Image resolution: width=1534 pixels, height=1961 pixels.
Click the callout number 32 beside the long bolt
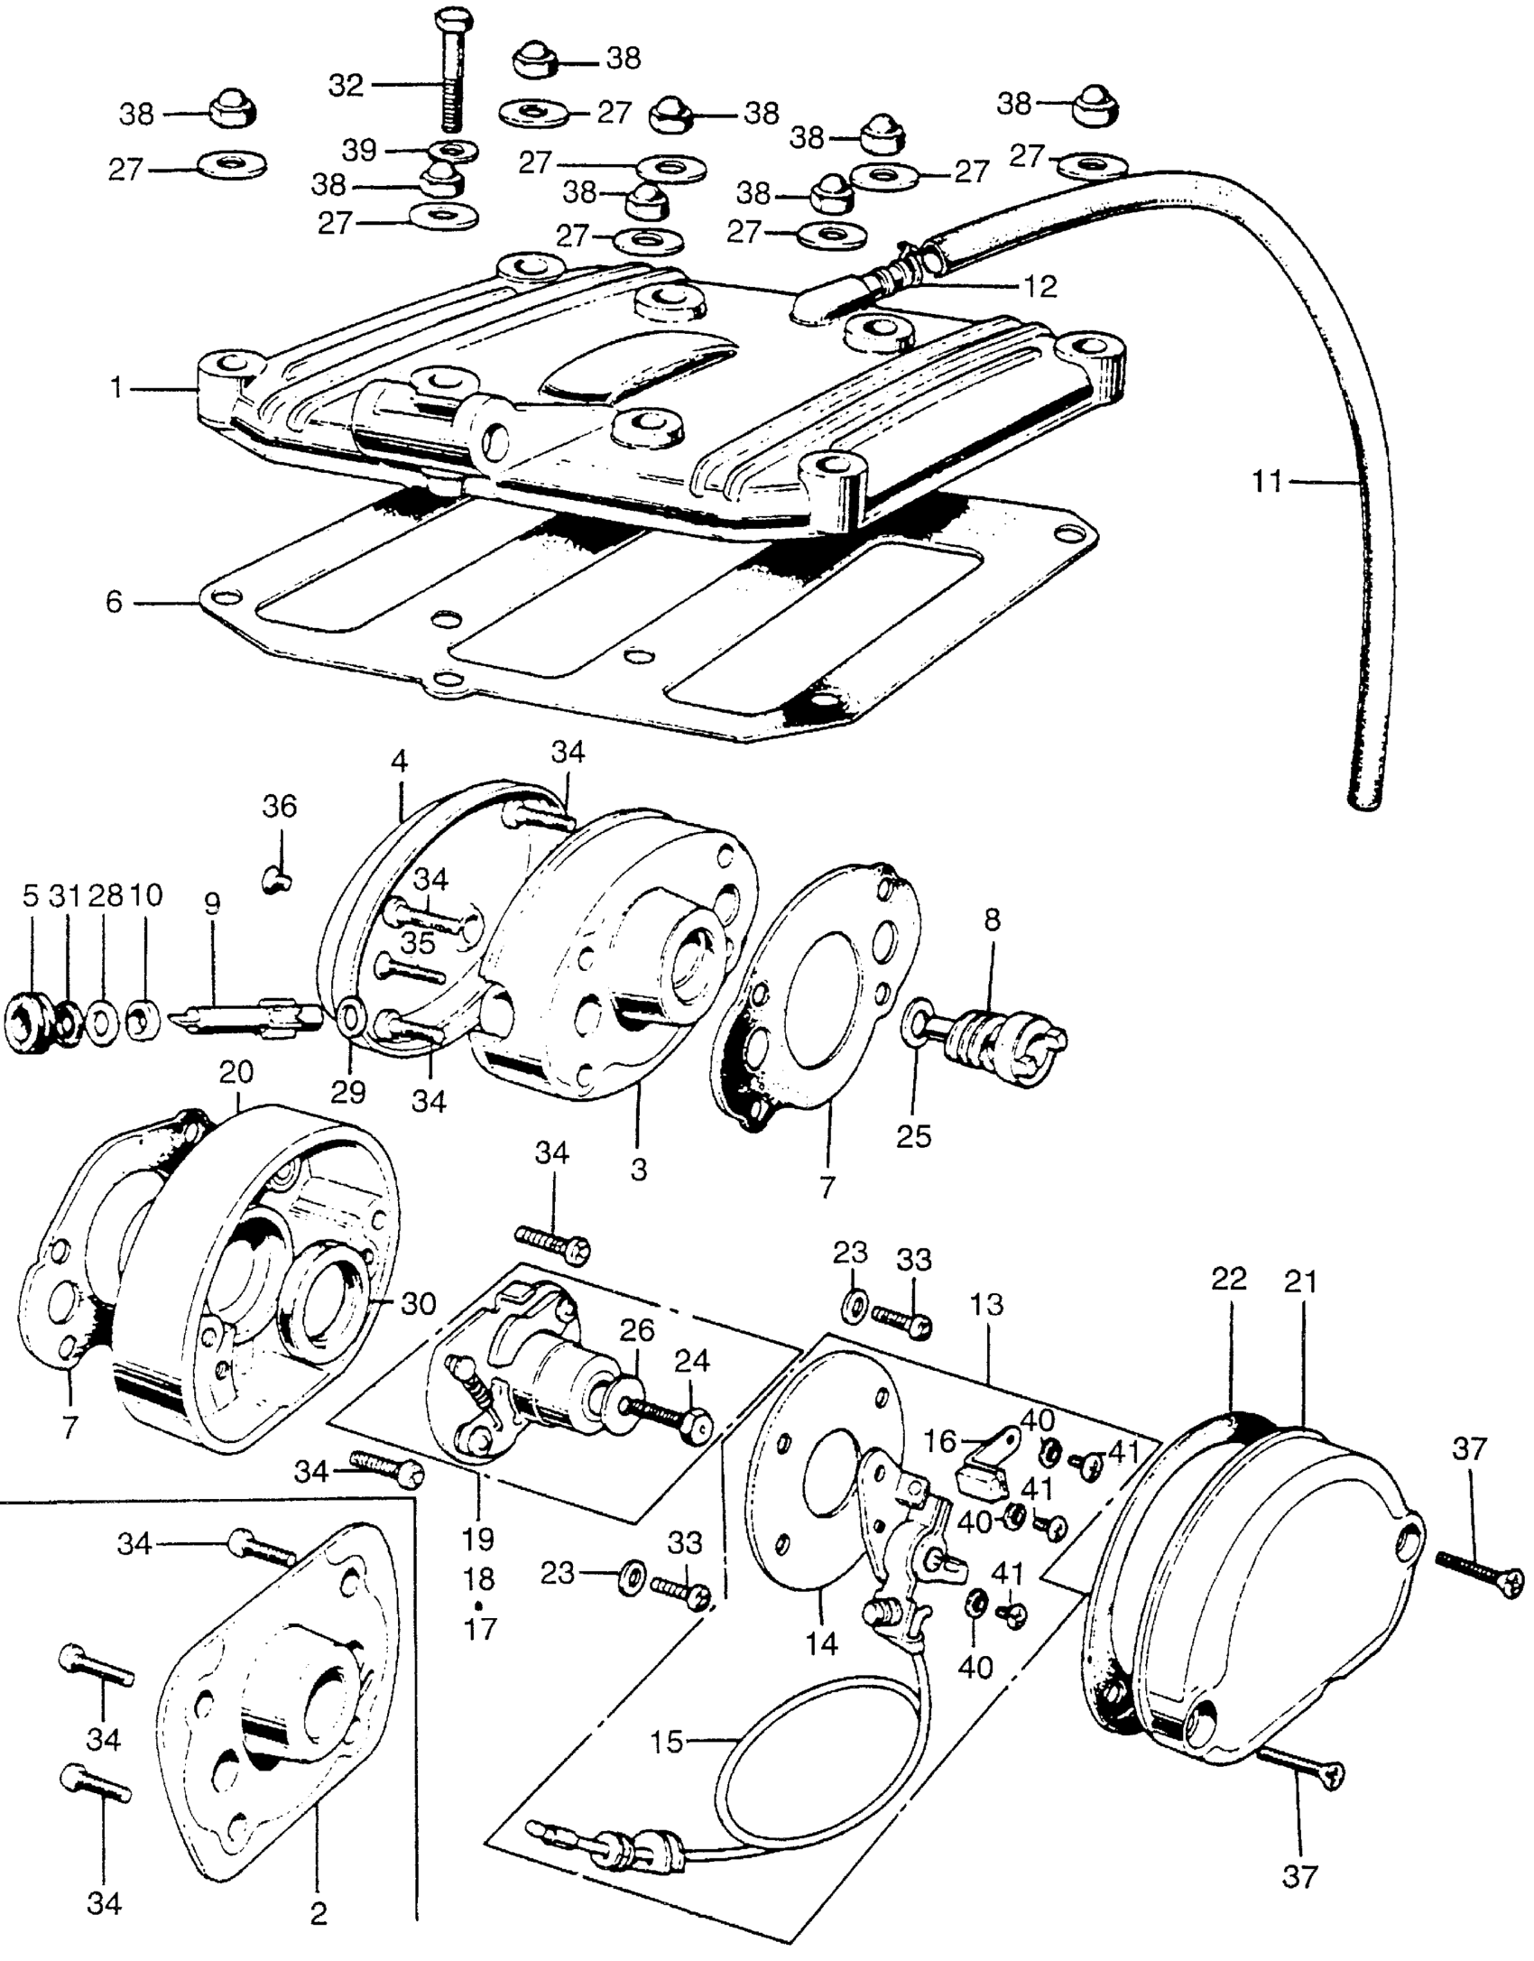[345, 86]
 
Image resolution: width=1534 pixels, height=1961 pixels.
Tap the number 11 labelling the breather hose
[1267, 482]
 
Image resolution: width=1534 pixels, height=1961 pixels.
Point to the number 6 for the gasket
[114, 602]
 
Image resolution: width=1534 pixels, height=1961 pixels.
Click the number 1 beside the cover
[116, 389]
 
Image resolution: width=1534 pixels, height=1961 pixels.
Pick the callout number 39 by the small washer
[358, 150]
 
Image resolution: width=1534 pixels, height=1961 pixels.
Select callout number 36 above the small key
[279, 806]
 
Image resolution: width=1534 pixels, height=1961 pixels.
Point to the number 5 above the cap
[31, 896]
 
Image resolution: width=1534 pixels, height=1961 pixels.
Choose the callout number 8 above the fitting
[992, 920]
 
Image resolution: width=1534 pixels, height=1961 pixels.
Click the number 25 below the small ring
[913, 1135]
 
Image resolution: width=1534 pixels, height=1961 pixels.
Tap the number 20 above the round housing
[236, 1073]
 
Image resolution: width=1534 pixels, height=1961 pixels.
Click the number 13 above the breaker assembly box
[988, 1305]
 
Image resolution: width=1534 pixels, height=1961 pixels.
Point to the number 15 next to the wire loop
[668, 1742]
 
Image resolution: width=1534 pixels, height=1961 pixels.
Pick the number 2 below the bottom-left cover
[319, 1911]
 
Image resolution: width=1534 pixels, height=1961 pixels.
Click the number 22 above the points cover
[1229, 1279]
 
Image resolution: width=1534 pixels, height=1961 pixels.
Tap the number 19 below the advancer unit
[478, 1538]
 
